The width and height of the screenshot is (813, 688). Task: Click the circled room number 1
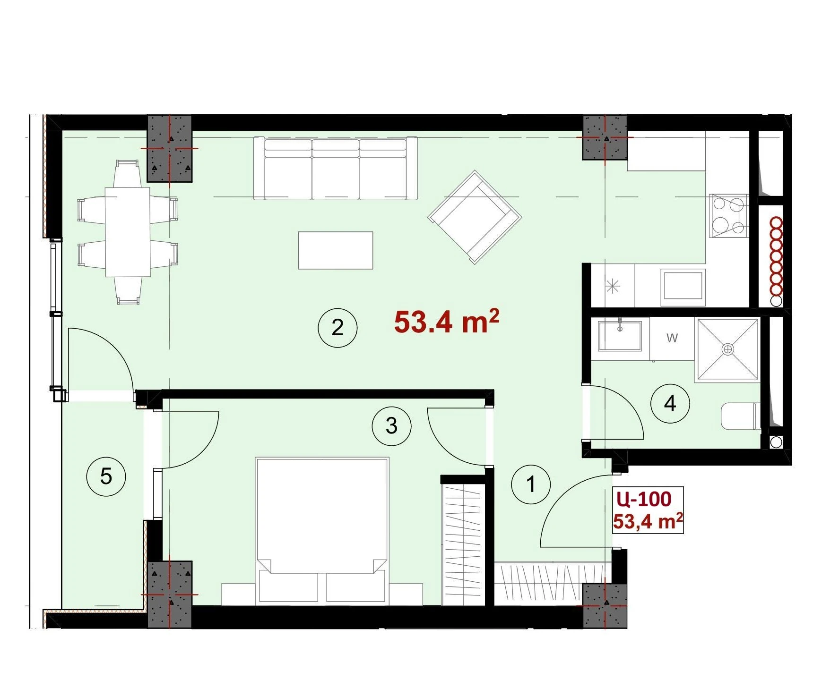click(x=531, y=484)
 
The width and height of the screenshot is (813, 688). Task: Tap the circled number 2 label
click(x=337, y=328)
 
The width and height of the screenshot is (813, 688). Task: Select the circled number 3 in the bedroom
click(x=391, y=426)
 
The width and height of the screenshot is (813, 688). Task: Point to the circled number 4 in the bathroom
click(x=670, y=404)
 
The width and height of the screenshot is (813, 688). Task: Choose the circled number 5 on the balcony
click(x=106, y=476)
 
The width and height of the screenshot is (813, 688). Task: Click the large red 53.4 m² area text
click(x=446, y=322)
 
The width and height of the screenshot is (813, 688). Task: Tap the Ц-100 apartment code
click(x=644, y=499)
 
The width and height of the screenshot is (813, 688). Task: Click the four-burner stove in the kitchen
click(x=728, y=216)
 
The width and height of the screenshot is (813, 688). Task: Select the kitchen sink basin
click(x=683, y=285)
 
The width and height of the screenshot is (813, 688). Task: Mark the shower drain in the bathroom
click(x=728, y=349)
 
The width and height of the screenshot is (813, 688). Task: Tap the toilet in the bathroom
click(x=741, y=416)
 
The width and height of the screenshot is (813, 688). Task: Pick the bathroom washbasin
click(x=620, y=336)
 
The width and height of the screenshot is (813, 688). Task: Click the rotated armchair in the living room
click(x=475, y=217)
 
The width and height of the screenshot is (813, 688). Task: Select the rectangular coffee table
click(x=336, y=250)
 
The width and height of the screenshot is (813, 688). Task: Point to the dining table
click(x=128, y=232)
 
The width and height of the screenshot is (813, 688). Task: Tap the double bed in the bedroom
click(x=322, y=531)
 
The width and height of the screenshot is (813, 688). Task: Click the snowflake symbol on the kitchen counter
click(x=613, y=286)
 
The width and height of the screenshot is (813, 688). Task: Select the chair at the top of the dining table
click(x=128, y=173)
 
